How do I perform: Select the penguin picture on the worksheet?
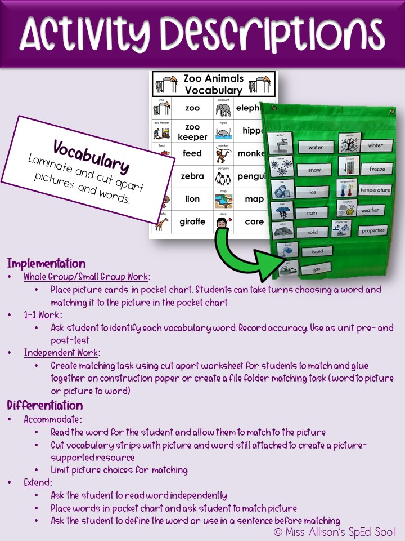click(x=223, y=176)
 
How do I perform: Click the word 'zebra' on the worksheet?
click(x=192, y=176)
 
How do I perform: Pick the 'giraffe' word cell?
click(x=192, y=221)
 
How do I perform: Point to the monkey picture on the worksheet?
click(x=223, y=153)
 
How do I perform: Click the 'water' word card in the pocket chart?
click(x=316, y=148)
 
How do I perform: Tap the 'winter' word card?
click(x=375, y=145)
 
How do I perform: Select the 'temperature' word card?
click(x=375, y=190)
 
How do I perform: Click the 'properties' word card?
click(x=373, y=230)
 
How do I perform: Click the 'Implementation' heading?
click(x=46, y=264)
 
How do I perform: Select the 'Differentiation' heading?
click(x=44, y=406)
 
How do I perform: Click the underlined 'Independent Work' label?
click(x=61, y=353)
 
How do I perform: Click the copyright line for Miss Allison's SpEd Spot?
click(x=335, y=531)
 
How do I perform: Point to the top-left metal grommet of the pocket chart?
click(x=274, y=108)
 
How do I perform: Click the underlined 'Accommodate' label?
click(x=52, y=420)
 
